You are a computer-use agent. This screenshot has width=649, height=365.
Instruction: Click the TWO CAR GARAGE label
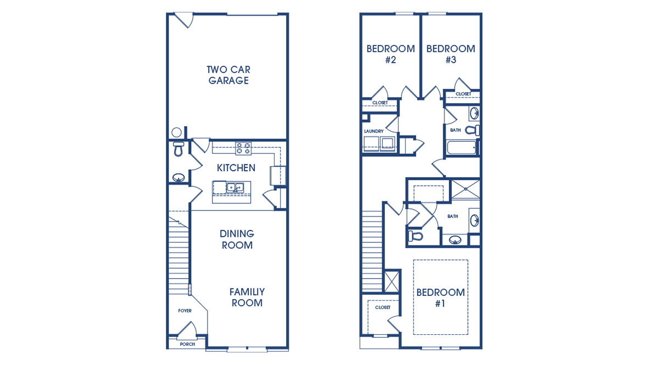tap(228, 75)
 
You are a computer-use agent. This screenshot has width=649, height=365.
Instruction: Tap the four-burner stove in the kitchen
tap(243, 148)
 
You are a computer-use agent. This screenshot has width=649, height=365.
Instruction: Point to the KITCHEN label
tap(236, 168)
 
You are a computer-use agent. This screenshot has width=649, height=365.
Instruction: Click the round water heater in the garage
tap(176, 132)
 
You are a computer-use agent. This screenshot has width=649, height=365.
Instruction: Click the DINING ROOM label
tap(237, 240)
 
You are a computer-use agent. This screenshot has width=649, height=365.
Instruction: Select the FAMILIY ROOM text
tap(247, 297)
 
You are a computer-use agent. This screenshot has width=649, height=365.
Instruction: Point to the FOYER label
tap(185, 311)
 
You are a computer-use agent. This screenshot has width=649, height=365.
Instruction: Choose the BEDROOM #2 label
tap(390, 54)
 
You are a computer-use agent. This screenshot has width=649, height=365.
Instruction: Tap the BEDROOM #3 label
tap(451, 54)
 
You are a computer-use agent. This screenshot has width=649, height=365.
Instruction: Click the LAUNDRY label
tap(374, 131)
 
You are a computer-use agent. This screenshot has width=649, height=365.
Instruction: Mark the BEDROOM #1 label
tap(440, 298)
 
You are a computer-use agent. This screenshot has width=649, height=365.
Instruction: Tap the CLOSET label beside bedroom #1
tap(383, 307)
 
